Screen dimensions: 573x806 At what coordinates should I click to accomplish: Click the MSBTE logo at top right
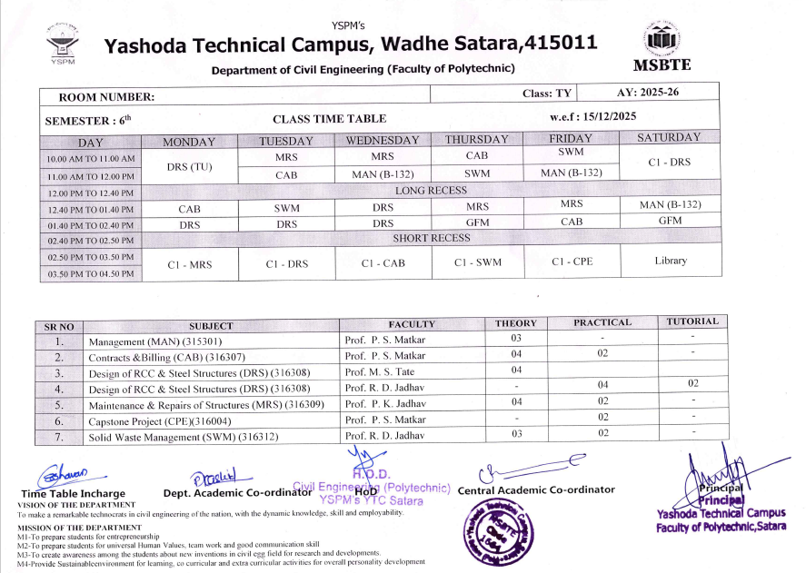pyautogui.click(x=661, y=43)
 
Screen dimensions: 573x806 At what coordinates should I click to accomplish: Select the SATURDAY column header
pyautogui.click(x=669, y=138)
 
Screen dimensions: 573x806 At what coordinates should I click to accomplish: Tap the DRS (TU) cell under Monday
pyautogui.click(x=189, y=166)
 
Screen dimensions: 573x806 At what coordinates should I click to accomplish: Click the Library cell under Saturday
pyautogui.click(x=671, y=262)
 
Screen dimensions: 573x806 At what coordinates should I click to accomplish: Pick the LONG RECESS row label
pyautogui.click(x=431, y=191)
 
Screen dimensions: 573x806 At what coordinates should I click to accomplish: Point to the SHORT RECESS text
pyautogui.click(x=431, y=238)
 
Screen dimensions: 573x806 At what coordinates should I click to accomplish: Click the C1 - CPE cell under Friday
pyautogui.click(x=572, y=262)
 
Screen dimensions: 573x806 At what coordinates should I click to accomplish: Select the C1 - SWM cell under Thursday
pyautogui.click(x=477, y=262)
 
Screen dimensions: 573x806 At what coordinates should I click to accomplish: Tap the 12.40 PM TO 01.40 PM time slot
pyautogui.click(x=91, y=207)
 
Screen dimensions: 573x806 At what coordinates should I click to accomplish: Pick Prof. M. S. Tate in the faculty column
pyautogui.click(x=380, y=371)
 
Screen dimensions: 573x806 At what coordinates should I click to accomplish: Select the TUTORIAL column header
pyautogui.click(x=692, y=321)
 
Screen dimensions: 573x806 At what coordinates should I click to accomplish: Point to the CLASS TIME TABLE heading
pyautogui.click(x=329, y=119)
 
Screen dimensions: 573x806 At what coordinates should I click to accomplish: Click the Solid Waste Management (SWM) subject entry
pyautogui.click(x=184, y=438)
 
